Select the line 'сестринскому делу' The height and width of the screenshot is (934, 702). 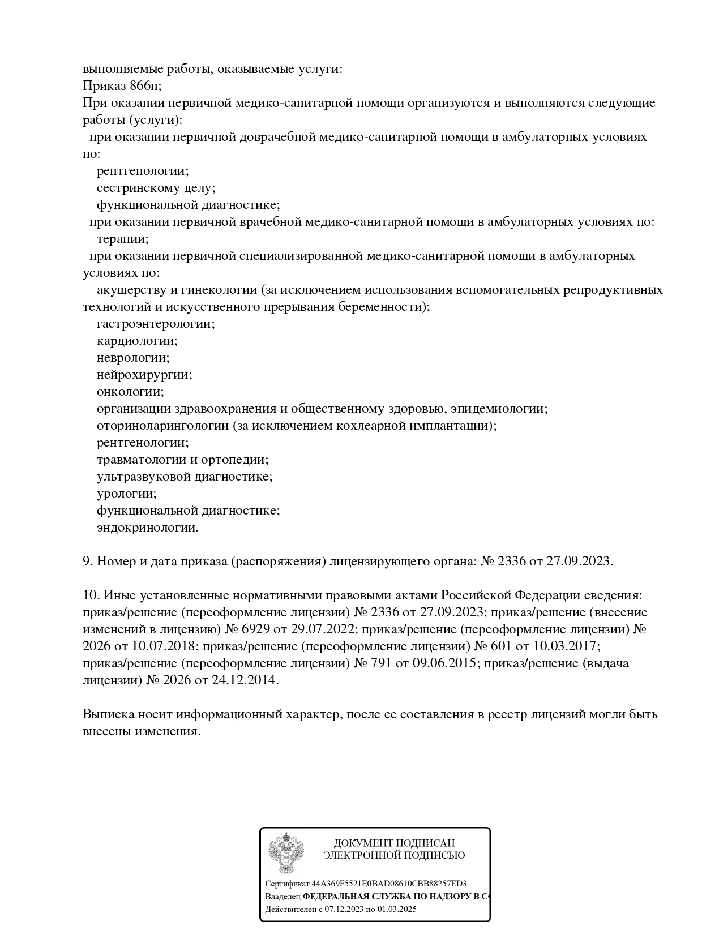pos(156,188)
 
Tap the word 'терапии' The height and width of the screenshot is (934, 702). pos(122,239)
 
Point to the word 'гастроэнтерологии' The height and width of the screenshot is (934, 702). pos(156,324)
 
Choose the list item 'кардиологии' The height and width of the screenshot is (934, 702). pos(137,341)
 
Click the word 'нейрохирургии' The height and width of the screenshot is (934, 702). pos(144,375)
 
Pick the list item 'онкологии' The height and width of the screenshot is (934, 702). pos(130,392)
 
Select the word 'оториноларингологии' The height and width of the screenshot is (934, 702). pos(162,426)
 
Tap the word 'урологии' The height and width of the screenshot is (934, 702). pos(126,494)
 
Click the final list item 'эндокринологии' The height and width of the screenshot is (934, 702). pos(147,528)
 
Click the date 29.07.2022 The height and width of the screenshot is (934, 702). pos(320,629)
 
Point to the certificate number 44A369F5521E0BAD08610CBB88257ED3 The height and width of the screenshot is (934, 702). pos(389,884)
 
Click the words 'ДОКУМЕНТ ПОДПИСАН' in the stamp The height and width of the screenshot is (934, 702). pos(394,843)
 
